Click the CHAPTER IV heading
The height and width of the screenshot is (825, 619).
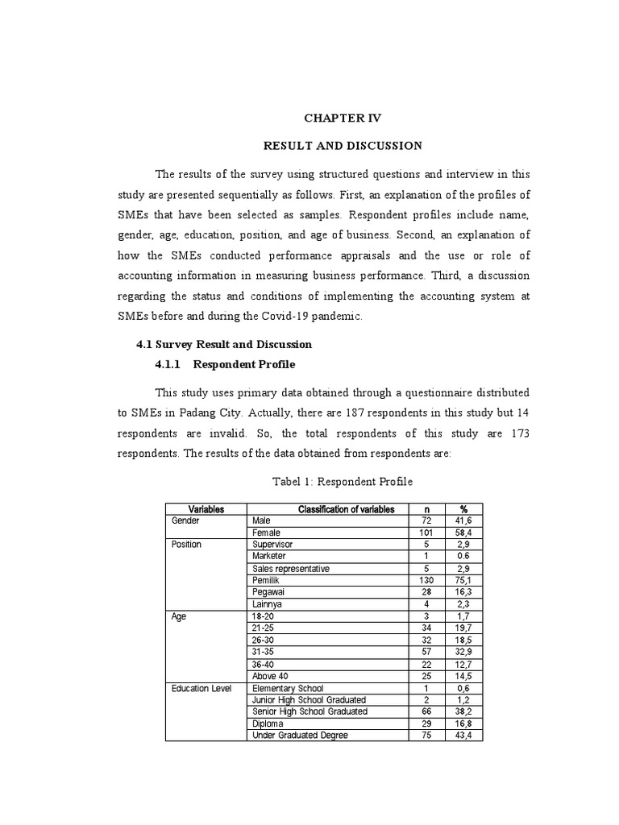click(x=342, y=118)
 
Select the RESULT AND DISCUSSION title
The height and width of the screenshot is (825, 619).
click(x=343, y=146)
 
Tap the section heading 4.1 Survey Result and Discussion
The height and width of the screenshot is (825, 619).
click(x=223, y=344)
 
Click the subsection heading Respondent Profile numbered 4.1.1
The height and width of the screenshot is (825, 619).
click(x=225, y=364)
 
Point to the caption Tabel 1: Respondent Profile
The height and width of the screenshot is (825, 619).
click(x=343, y=481)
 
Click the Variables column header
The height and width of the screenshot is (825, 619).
click(x=206, y=509)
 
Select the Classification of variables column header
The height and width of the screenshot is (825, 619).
click(x=346, y=509)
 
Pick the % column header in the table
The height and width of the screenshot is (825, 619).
click(x=463, y=509)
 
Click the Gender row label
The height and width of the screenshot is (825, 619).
click(x=185, y=521)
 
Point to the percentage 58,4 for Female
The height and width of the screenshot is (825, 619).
click(x=463, y=533)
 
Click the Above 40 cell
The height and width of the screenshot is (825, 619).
click(x=270, y=676)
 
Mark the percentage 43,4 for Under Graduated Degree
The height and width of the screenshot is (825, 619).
click(x=463, y=736)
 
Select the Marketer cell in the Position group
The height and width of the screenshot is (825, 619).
click(x=269, y=556)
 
